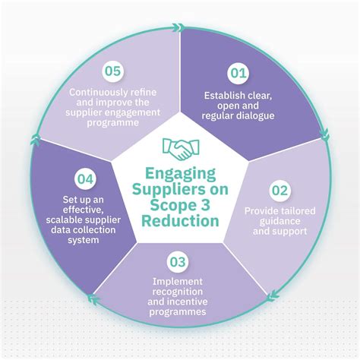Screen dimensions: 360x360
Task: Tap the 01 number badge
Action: pos(239,74)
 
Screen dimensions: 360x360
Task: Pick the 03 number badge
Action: pos(178,263)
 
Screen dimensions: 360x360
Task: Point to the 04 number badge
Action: pos(85,181)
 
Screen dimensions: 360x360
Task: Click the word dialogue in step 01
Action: pos(260,115)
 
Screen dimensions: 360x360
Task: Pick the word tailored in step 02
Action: pos(292,209)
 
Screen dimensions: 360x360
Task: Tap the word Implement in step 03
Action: pos(178,283)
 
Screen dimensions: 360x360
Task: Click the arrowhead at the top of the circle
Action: pos(178,28)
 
